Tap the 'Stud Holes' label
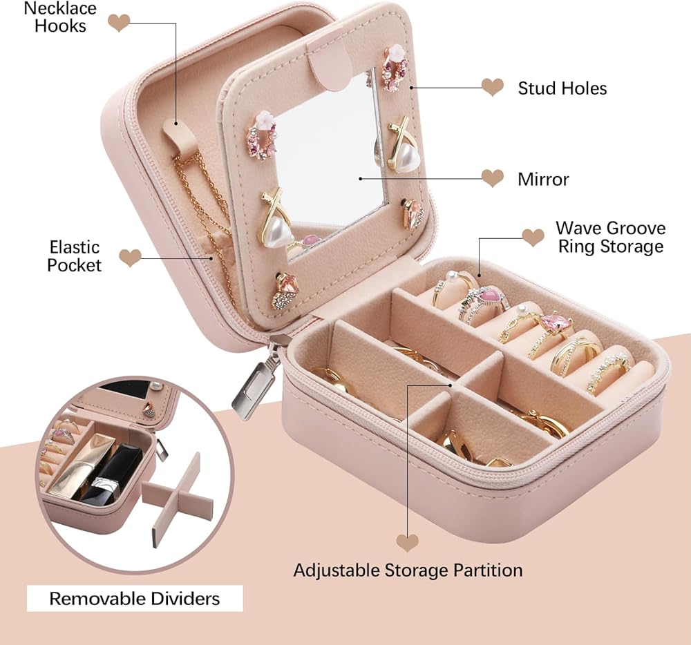click(562, 88)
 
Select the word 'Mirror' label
click(543, 179)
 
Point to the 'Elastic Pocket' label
click(74, 256)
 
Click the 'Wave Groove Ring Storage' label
click(610, 237)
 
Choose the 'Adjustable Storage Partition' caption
click(408, 570)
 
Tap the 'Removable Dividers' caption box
click(135, 598)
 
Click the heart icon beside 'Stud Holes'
click(492, 87)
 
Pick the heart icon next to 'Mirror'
click(492, 178)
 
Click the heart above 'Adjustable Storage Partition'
click(407, 542)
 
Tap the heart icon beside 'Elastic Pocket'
click(130, 258)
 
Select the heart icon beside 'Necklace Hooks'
click(119, 23)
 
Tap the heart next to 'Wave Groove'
click(533, 238)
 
